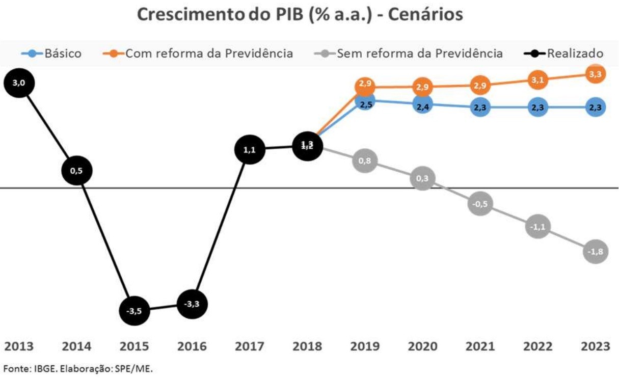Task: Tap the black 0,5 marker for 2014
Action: point(76,171)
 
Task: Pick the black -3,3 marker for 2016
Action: point(192,305)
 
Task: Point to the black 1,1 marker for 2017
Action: point(250,150)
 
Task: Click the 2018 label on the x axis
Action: point(307,347)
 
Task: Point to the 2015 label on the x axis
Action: point(134,347)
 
